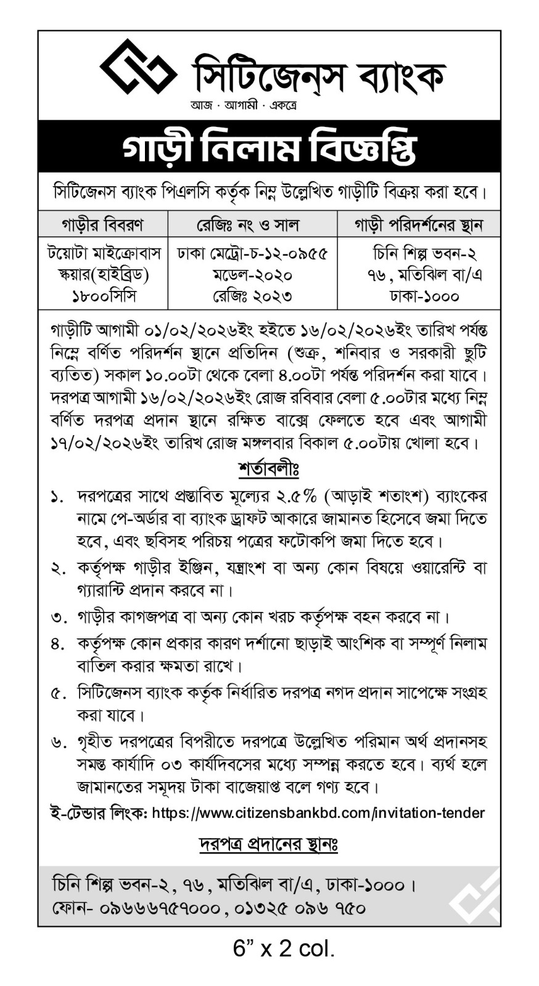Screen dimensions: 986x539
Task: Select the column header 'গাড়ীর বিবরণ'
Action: [x=102, y=225]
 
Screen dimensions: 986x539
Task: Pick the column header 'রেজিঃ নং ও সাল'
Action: [x=252, y=225]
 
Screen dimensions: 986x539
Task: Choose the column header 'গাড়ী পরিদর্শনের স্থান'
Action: [x=418, y=225]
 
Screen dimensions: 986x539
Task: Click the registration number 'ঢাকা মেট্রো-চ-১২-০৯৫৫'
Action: [x=252, y=253]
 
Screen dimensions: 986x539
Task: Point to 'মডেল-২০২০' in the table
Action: [x=252, y=275]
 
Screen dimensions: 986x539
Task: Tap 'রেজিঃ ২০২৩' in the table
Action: [x=252, y=296]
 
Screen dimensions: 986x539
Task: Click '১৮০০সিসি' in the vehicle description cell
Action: [x=102, y=296]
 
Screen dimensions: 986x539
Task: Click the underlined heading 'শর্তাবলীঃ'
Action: [x=269, y=470]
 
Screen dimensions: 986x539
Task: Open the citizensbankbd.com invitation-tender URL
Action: [x=318, y=813]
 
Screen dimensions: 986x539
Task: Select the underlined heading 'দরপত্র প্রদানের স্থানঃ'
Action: [x=269, y=844]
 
